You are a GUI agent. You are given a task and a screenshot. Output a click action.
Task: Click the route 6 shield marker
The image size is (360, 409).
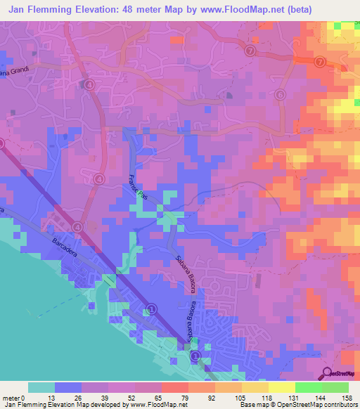[x=280, y=95]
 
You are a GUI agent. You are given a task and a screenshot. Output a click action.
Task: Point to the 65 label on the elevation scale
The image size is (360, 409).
[x=148, y=398]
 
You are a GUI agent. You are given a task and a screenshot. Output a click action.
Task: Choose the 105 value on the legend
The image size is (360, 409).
[x=229, y=398]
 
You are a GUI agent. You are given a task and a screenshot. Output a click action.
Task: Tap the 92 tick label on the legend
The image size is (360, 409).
[x=202, y=398]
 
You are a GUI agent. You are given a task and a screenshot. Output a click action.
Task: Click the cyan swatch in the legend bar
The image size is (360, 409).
[x=41, y=387]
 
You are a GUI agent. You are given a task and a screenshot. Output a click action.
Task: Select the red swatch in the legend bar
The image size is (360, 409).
[x=175, y=387]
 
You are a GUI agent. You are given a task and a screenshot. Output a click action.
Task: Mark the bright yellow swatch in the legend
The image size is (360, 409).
[x=282, y=387]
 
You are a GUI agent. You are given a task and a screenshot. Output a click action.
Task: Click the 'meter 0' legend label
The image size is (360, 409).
[x=13, y=398]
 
